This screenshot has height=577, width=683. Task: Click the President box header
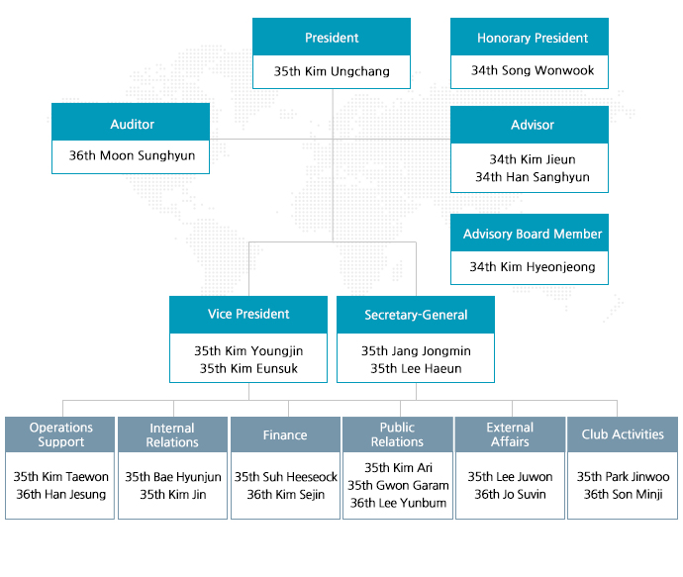tap(332, 37)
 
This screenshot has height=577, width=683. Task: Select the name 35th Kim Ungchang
tap(332, 71)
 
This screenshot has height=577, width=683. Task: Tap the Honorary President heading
tap(533, 38)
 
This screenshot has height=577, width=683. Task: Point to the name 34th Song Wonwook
tap(533, 70)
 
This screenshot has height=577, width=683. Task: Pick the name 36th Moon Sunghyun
tap(132, 155)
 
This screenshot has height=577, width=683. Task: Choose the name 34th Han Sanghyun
tap(533, 177)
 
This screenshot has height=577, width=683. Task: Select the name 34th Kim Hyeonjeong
tap(533, 266)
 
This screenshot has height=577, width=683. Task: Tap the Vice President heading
tap(248, 314)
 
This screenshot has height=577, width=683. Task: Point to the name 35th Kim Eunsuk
tap(248, 368)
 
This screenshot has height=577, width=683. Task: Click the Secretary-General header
tap(416, 315)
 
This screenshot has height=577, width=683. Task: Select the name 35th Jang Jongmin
tap(416, 351)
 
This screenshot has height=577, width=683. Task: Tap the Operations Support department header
tap(60, 434)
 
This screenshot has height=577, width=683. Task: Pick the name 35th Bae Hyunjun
tap(173, 477)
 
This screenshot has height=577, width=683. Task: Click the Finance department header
tap(285, 434)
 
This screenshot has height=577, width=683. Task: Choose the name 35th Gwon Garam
tap(398, 485)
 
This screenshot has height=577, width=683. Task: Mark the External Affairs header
tap(510, 434)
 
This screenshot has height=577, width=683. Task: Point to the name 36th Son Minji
tap(623, 494)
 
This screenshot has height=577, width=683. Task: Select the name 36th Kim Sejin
tap(285, 494)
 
